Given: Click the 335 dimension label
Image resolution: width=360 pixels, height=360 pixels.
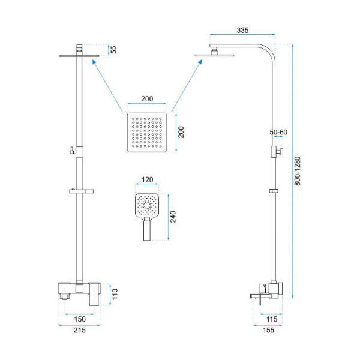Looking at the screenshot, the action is [x=242, y=30].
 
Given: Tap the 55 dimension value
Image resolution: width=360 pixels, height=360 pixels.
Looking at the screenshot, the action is [x=113, y=50].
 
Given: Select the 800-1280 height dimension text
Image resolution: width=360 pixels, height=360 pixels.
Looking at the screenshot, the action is [x=298, y=171].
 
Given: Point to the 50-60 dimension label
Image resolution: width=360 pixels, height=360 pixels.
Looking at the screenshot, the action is [x=278, y=132].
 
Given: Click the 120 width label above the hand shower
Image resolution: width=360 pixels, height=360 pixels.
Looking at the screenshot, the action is [x=147, y=179].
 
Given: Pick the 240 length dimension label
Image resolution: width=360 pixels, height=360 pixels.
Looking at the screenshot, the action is [x=173, y=217].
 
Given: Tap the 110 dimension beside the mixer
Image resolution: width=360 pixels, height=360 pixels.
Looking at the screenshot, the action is [x=115, y=294].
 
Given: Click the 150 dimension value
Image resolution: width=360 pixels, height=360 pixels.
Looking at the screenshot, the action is [x=80, y=319].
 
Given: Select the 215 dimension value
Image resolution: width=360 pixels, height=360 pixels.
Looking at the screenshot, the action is [x=79, y=330].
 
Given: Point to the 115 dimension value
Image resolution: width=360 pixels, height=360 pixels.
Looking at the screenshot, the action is [x=272, y=319].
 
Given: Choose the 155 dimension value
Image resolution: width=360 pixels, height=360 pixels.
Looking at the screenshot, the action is [x=268, y=330].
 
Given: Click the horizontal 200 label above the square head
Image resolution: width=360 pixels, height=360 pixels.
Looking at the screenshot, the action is [x=147, y=99].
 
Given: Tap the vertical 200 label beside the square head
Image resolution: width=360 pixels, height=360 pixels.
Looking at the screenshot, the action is [x=181, y=132].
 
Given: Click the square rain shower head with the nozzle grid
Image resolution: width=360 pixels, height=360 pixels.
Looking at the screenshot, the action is [x=147, y=133].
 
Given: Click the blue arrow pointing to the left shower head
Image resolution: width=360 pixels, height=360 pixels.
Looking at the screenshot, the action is [x=107, y=86].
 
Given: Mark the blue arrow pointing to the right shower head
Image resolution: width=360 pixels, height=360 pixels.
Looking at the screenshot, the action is [x=187, y=86].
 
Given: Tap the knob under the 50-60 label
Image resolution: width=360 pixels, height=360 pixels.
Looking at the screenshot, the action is [x=280, y=152].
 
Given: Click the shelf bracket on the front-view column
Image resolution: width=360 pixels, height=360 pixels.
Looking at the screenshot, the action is [x=81, y=191].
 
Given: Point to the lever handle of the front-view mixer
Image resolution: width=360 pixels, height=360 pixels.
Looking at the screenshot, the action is [x=95, y=295].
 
